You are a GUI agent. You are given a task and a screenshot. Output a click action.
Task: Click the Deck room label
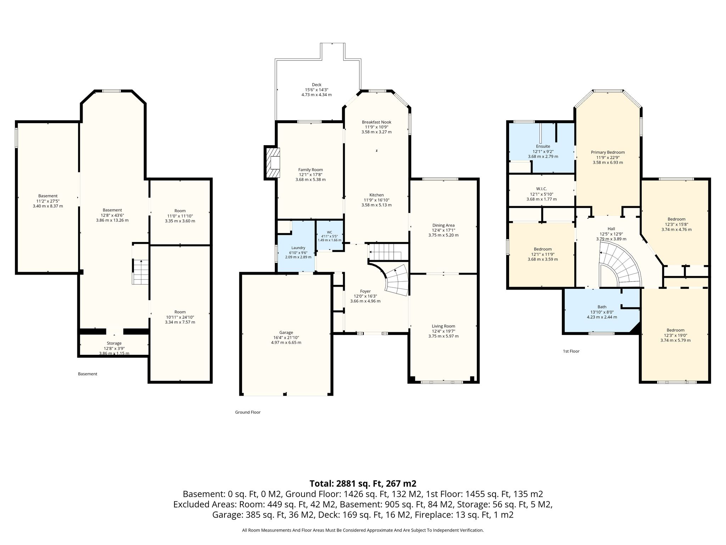pos(317,85)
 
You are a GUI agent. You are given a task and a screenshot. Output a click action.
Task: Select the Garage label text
pos(286,332)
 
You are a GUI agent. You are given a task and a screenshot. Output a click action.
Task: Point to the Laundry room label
pos(298,248)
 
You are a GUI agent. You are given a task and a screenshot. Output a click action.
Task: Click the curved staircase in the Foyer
pos(396,280)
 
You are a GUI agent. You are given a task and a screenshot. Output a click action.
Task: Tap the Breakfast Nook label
pos(376,122)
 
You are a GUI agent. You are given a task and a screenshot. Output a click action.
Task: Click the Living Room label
pos(443,326)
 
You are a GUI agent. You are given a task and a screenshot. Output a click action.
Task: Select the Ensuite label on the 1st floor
pos(543,146)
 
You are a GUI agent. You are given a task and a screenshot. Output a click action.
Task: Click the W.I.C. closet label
pos(542,189)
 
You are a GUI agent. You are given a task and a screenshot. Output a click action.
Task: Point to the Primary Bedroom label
pos(608,152)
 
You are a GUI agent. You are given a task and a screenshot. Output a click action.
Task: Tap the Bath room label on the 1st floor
pos(602,307)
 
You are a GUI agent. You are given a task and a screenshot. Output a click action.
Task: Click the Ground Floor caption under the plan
pos(248,412)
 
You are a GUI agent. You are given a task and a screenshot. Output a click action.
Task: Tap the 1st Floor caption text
pos(571,351)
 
